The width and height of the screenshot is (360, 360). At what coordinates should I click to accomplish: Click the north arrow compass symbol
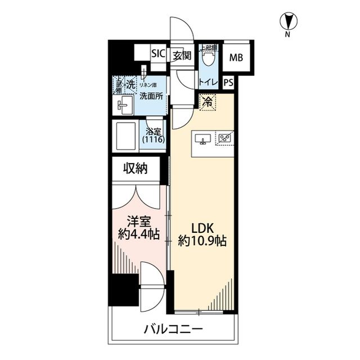287,22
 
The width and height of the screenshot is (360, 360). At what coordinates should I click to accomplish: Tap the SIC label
157,55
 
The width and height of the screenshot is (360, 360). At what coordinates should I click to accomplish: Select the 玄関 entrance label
182,55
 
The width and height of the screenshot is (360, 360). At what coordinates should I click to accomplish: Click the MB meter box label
236,57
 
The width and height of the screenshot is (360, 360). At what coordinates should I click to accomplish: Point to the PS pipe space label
228,82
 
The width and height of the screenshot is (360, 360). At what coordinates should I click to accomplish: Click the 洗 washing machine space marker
130,85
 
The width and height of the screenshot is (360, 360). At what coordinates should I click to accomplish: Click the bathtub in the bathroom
127,135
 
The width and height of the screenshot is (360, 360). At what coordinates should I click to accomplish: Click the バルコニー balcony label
172,329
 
